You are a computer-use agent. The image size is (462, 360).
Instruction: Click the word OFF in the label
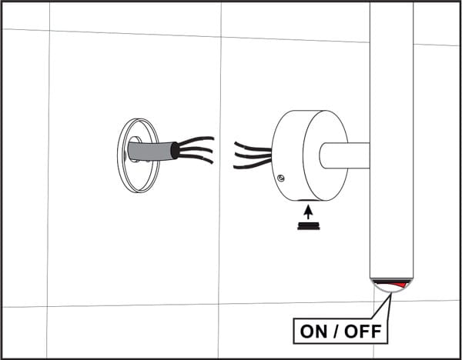pos(363,332)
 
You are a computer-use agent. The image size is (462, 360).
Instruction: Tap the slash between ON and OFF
pos(336,332)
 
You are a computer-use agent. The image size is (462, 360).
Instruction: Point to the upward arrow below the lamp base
pos(308,212)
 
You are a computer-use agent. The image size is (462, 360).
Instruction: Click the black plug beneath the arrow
pos(309,226)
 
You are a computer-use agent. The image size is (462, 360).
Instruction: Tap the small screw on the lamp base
pos(281,178)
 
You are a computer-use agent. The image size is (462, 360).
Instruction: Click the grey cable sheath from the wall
pos(150,151)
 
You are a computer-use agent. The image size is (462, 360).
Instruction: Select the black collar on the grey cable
pos(175,151)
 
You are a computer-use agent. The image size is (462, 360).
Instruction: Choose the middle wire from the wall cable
pos(196,149)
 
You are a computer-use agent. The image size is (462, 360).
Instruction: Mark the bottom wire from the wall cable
pos(196,158)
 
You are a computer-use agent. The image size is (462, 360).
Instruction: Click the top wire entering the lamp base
pos(253,147)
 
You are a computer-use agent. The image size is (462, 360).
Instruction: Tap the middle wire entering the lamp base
pos(253,155)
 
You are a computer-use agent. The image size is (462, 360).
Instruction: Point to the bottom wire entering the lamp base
pos(253,165)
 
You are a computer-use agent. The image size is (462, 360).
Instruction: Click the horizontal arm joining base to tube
pos(345,155)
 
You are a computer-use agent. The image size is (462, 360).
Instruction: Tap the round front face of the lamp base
pos(326,155)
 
